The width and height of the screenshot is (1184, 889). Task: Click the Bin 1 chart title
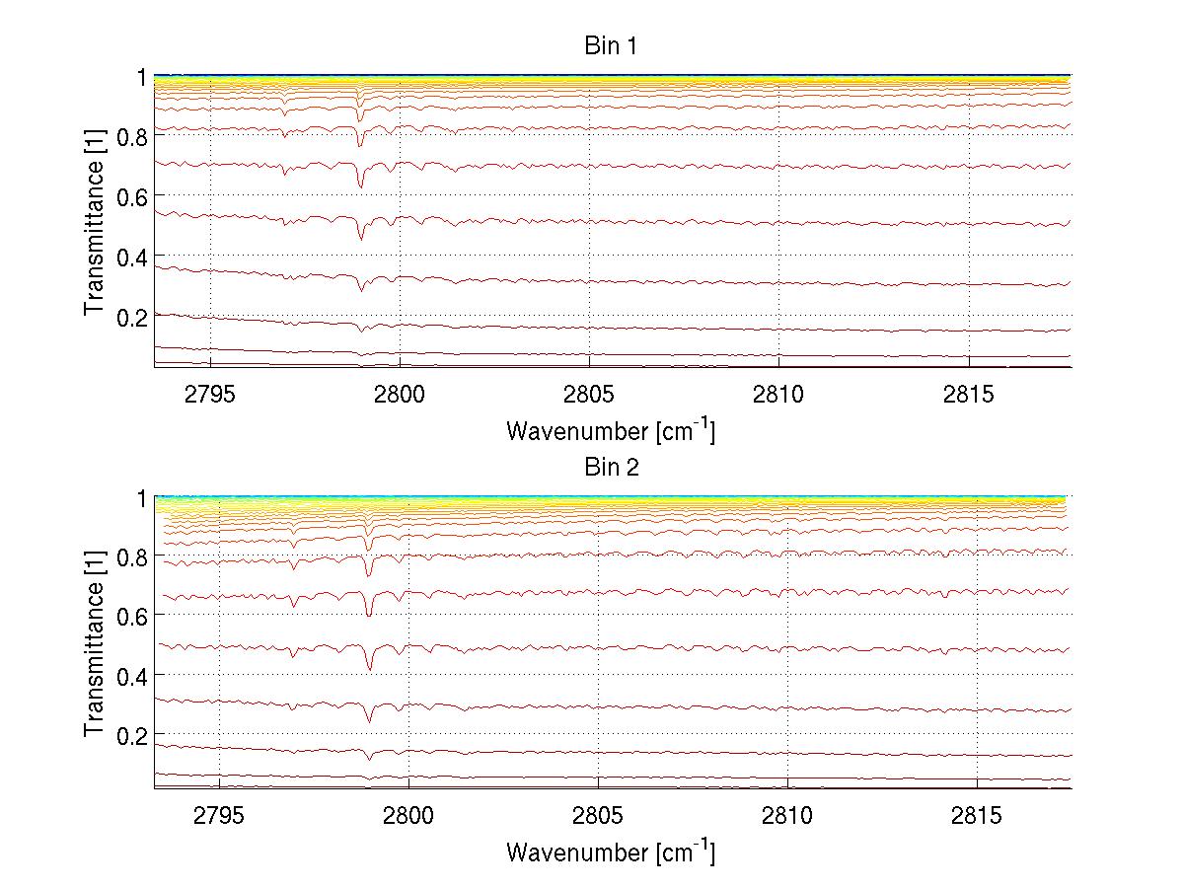click(611, 45)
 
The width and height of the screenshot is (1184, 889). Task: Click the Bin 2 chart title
click(611, 468)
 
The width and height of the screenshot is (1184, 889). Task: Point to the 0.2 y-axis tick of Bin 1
click(131, 317)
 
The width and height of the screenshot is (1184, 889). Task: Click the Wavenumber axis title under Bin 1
click(611, 430)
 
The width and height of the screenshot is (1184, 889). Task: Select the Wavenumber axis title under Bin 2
click(611, 852)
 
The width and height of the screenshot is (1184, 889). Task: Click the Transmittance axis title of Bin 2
click(94, 643)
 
